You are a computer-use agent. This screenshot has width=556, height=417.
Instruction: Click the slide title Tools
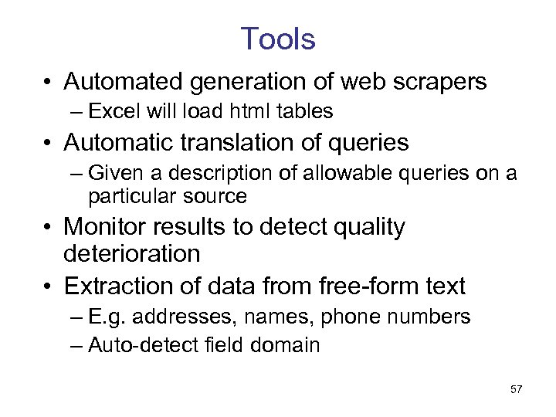tap(278, 39)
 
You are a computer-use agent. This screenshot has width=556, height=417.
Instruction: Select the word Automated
tap(123, 81)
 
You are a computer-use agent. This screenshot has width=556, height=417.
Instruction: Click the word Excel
tap(112, 111)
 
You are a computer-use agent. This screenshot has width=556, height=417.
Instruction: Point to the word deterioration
tap(132, 253)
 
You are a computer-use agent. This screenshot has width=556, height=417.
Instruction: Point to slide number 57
tap(517, 389)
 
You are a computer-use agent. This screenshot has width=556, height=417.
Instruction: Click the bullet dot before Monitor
tap(48, 227)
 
